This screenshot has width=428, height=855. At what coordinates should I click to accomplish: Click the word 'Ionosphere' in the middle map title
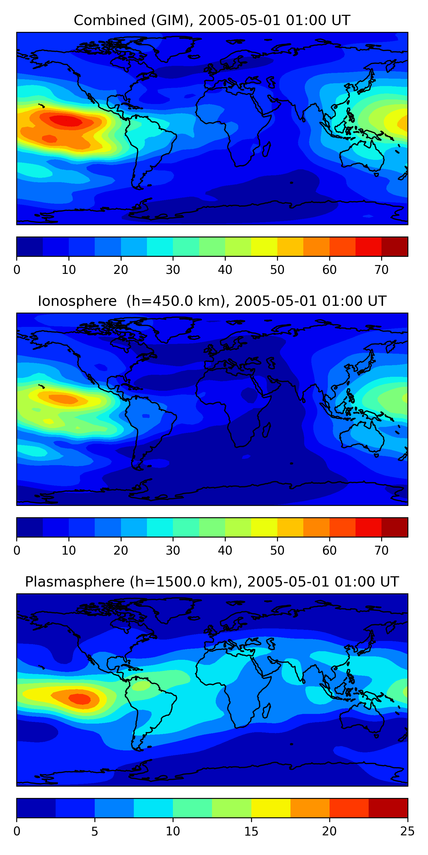pyautogui.click(x=77, y=301)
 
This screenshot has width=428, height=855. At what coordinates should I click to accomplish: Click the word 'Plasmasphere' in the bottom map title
pyautogui.click(x=74, y=582)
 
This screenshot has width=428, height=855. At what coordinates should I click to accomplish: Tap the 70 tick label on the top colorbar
pyautogui.click(x=381, y=270)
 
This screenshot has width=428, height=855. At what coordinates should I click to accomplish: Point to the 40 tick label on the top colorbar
pyautogui.click(x=225, y=270)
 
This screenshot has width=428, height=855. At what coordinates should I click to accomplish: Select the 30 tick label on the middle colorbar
pyautogui.click(x=173, y=551)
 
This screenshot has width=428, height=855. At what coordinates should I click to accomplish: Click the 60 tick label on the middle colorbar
pyautogui.click(x=329, y=551)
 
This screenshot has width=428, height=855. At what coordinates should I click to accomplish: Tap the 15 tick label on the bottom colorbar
pyautogui.click(x=251, y=831)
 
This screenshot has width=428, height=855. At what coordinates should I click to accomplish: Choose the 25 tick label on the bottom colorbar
pyautogui.click(x=407, y=831)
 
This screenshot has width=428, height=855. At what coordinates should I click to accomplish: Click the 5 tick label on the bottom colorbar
pyautogui.click(x=95, y=831)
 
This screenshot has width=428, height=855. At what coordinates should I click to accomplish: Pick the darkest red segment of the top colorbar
pyautogui.click(x=394, y=247)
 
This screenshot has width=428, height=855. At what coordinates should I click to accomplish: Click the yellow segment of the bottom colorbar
pyautogui.click(x=271, y=808)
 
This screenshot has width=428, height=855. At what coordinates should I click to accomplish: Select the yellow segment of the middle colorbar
pyautogui.click(x=264, y=527)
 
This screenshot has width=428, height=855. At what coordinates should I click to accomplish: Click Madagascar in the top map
pyautogui.click(x=267, y=149)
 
